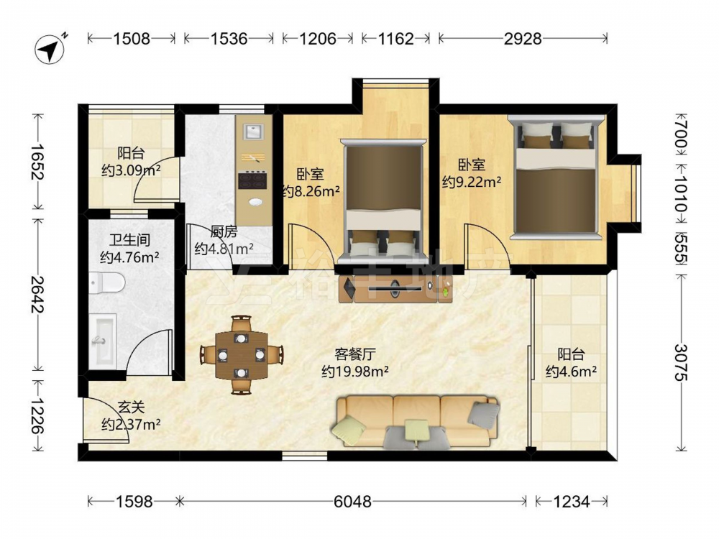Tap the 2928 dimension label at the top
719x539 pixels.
523,39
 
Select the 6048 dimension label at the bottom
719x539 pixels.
352,502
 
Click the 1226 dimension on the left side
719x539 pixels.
37,415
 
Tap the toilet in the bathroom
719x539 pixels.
107,282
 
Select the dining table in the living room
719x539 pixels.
241,354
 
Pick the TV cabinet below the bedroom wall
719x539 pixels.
395,288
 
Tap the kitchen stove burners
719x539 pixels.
252,180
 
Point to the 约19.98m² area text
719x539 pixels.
355,372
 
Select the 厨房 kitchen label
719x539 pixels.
224,232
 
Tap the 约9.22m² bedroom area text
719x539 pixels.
472,182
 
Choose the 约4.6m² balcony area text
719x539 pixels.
572,372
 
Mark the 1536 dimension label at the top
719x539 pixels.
229,39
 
